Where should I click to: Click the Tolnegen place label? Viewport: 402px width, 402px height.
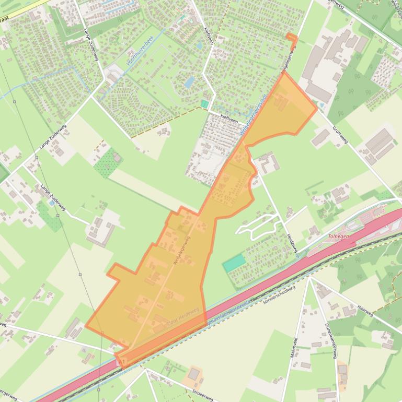coord(338,237)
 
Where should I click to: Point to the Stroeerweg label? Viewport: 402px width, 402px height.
coord(202,393)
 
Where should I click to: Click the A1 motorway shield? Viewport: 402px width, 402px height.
coord(122,361)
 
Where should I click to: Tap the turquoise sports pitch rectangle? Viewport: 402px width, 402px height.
coord(234,263)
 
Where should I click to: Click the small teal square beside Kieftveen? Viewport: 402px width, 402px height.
coord(204,104)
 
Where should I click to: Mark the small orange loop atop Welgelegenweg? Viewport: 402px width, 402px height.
coord(291,38)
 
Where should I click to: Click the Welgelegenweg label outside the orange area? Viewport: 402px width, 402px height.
coord(289,62)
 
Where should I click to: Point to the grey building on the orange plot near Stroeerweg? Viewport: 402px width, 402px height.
coord(194,374)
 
